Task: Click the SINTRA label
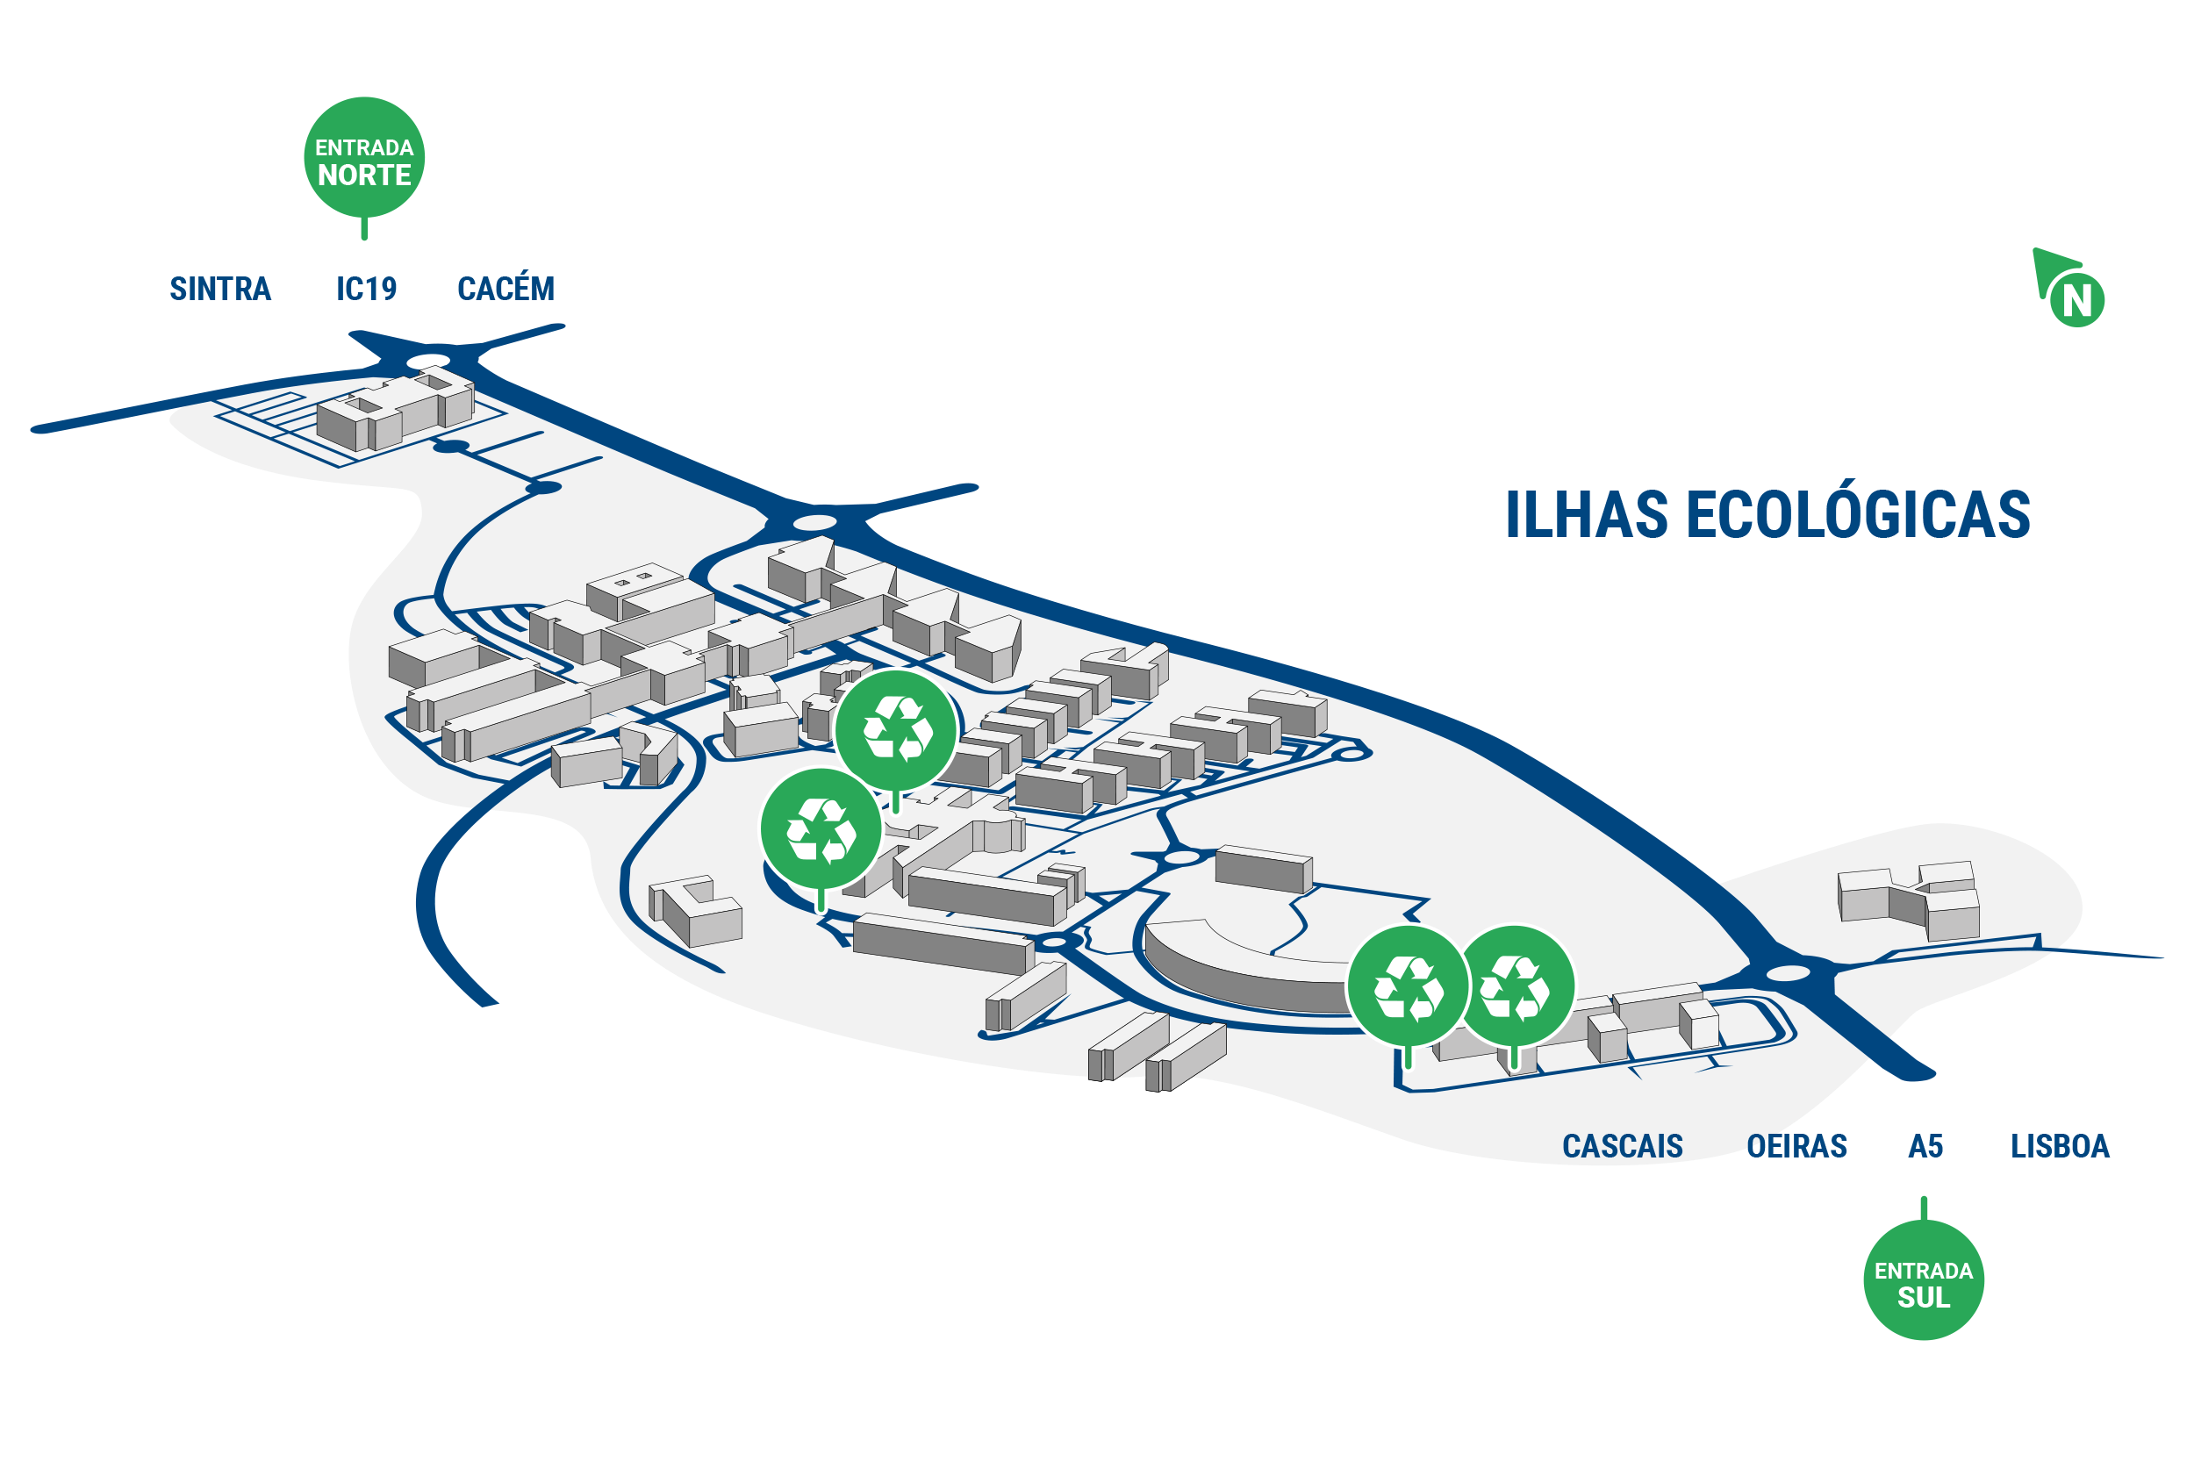tap(220, 289)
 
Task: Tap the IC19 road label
tap(367, 289)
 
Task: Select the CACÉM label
tap(505, 287)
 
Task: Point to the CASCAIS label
tap(1623, 1146)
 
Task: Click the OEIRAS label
tap(1796, 1146)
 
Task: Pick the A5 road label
tap(1925, 1146)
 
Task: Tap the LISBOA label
tap(2060, 1146)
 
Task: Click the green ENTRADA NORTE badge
tap(364, 159)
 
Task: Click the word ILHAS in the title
tap(1586, 513)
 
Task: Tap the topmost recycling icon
tap(896, 730)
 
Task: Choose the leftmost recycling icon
tap(821, 829)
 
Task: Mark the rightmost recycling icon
tap(1514, 986)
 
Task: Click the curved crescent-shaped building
tap(1240, 970)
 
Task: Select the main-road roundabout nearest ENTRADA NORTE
tap(429, 361)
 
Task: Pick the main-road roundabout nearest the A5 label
tap(1788, 973)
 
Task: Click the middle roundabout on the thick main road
tap(814, 522)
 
